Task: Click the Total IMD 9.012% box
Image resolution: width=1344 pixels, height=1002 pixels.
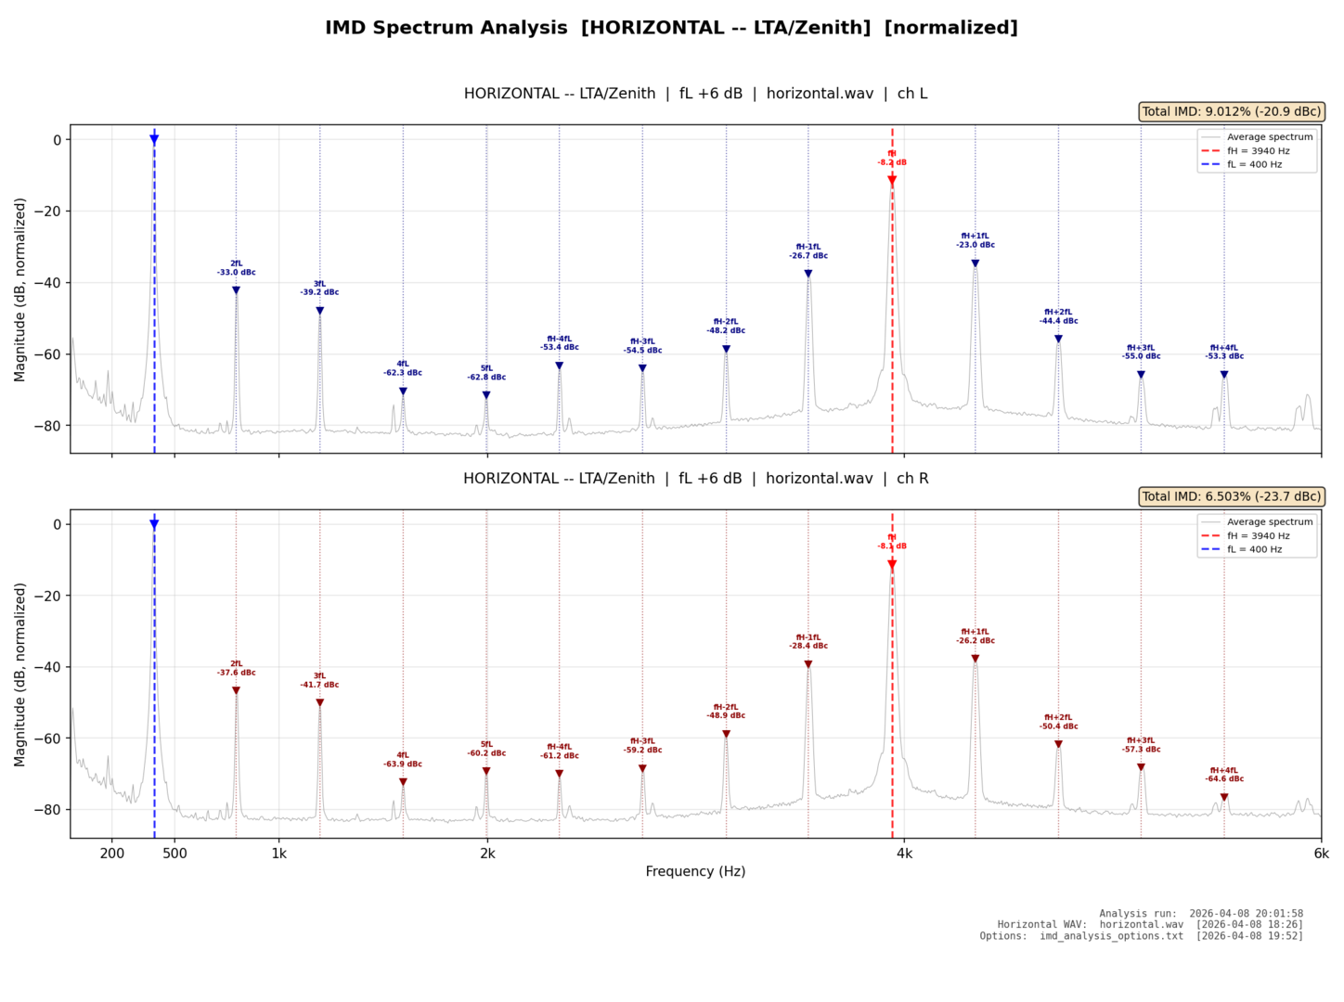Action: point(1231,111)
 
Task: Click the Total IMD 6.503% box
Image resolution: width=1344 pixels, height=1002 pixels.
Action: point(1231,496)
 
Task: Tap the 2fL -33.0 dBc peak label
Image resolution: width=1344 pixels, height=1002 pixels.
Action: point(237,268)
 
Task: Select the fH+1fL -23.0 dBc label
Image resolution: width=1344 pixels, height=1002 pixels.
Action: point(976,240)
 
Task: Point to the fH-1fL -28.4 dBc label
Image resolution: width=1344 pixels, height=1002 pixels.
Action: point(808,641)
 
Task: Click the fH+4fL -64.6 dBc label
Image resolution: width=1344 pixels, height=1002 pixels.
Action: point(1224,775)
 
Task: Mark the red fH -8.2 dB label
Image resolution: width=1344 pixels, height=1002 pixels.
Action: point(892,158)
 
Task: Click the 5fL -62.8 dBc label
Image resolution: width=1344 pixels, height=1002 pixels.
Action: point(486,373)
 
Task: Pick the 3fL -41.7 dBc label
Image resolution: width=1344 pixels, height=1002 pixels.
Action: point(319,680)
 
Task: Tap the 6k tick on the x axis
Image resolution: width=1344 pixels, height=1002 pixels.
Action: point(1321,854)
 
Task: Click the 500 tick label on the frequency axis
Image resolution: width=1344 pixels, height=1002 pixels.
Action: point(174,854)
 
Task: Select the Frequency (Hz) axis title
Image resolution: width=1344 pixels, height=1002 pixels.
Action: point(695,871)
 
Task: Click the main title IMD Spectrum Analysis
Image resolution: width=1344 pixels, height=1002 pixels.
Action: point(671,28)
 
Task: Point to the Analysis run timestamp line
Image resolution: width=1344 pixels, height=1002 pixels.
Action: point(1201,914)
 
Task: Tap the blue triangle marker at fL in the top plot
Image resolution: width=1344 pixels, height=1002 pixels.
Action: point(154,139)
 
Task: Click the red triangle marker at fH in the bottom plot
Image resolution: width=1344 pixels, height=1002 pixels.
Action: point(892,564)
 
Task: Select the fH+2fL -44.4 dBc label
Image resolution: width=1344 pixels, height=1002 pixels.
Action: point(1058,316)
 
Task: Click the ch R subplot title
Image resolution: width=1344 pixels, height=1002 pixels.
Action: point(695,479)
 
